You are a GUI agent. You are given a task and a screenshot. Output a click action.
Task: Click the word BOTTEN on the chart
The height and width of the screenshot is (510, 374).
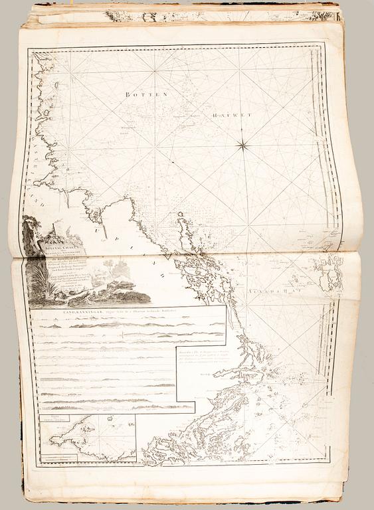pos(140,94)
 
